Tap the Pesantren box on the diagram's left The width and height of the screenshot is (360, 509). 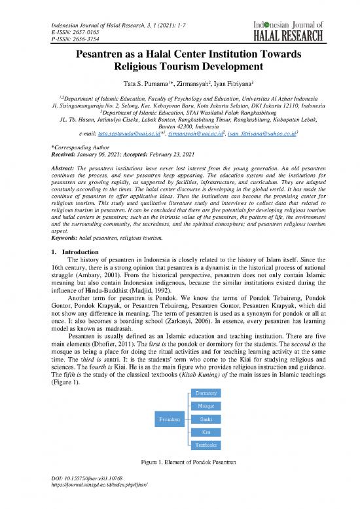pos(166,417)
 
